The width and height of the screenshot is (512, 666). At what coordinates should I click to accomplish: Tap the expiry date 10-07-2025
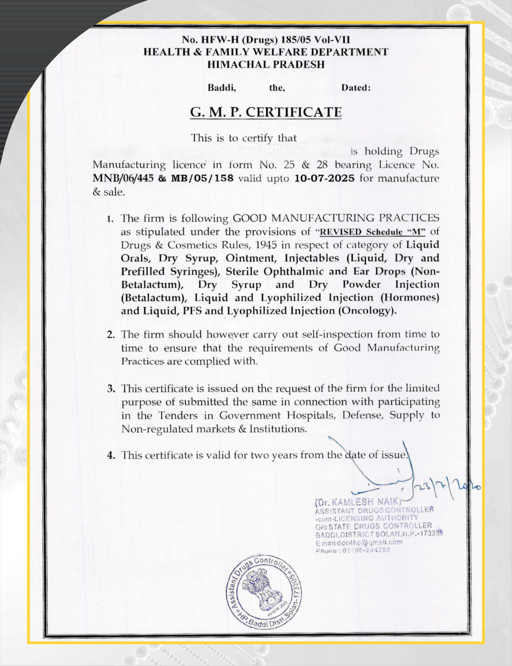click(324, 178)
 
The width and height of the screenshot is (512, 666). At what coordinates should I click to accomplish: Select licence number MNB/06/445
click(123, 178)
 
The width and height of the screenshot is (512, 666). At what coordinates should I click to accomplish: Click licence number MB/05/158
click(202, 178)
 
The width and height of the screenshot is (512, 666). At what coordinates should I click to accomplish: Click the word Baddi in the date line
click(222, 88)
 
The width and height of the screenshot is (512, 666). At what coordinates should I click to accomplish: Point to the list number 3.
click(111, 389)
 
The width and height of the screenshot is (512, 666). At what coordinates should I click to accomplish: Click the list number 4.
click(111, 456)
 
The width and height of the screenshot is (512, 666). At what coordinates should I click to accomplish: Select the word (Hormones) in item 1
click(410, 297)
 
